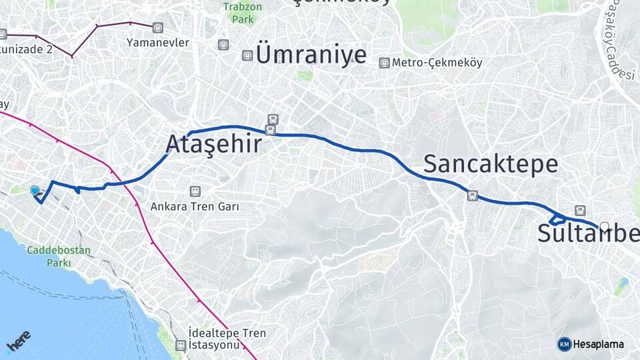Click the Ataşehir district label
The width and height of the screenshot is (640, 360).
(213, 144)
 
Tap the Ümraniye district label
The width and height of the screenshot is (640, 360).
(311, 55)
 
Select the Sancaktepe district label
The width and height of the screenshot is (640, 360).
(490, 164)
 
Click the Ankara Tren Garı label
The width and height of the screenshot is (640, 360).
(194, 207)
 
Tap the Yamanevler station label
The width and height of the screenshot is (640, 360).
(158, 43)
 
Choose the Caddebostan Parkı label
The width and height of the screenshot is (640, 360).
(59, 257)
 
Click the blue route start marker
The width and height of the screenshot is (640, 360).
(35, 191)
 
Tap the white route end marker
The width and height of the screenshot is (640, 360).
(605, 227)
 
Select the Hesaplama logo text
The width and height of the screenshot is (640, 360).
(598, 344)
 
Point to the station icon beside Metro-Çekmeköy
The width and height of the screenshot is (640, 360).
(384, 63)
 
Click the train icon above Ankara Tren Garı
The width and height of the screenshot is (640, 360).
(195, 191)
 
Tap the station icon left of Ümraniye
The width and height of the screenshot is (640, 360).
(247, 55)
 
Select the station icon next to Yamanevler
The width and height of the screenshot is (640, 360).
(157, 27)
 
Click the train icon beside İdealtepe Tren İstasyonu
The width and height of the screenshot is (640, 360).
(180, 345)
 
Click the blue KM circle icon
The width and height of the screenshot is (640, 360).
(564, 344)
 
